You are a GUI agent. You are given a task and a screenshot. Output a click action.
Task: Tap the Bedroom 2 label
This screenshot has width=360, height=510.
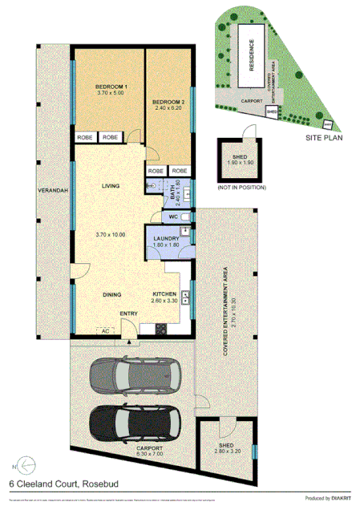[x=169, y=103]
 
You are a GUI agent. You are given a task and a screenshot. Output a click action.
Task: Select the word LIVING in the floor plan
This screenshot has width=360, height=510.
[x=110, y=186]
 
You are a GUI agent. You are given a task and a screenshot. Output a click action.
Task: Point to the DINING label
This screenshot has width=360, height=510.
[x=111, y=294]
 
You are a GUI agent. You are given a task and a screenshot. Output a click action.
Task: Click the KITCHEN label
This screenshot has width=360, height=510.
[x=164, y=294]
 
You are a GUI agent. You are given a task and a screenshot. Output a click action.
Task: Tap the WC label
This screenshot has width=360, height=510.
[x=172, y=217]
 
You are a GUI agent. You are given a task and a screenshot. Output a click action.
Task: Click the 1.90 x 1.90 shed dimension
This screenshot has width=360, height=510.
[x=240, y=163]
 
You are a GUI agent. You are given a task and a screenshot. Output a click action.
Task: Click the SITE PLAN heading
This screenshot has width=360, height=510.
[x=325, y=138]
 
